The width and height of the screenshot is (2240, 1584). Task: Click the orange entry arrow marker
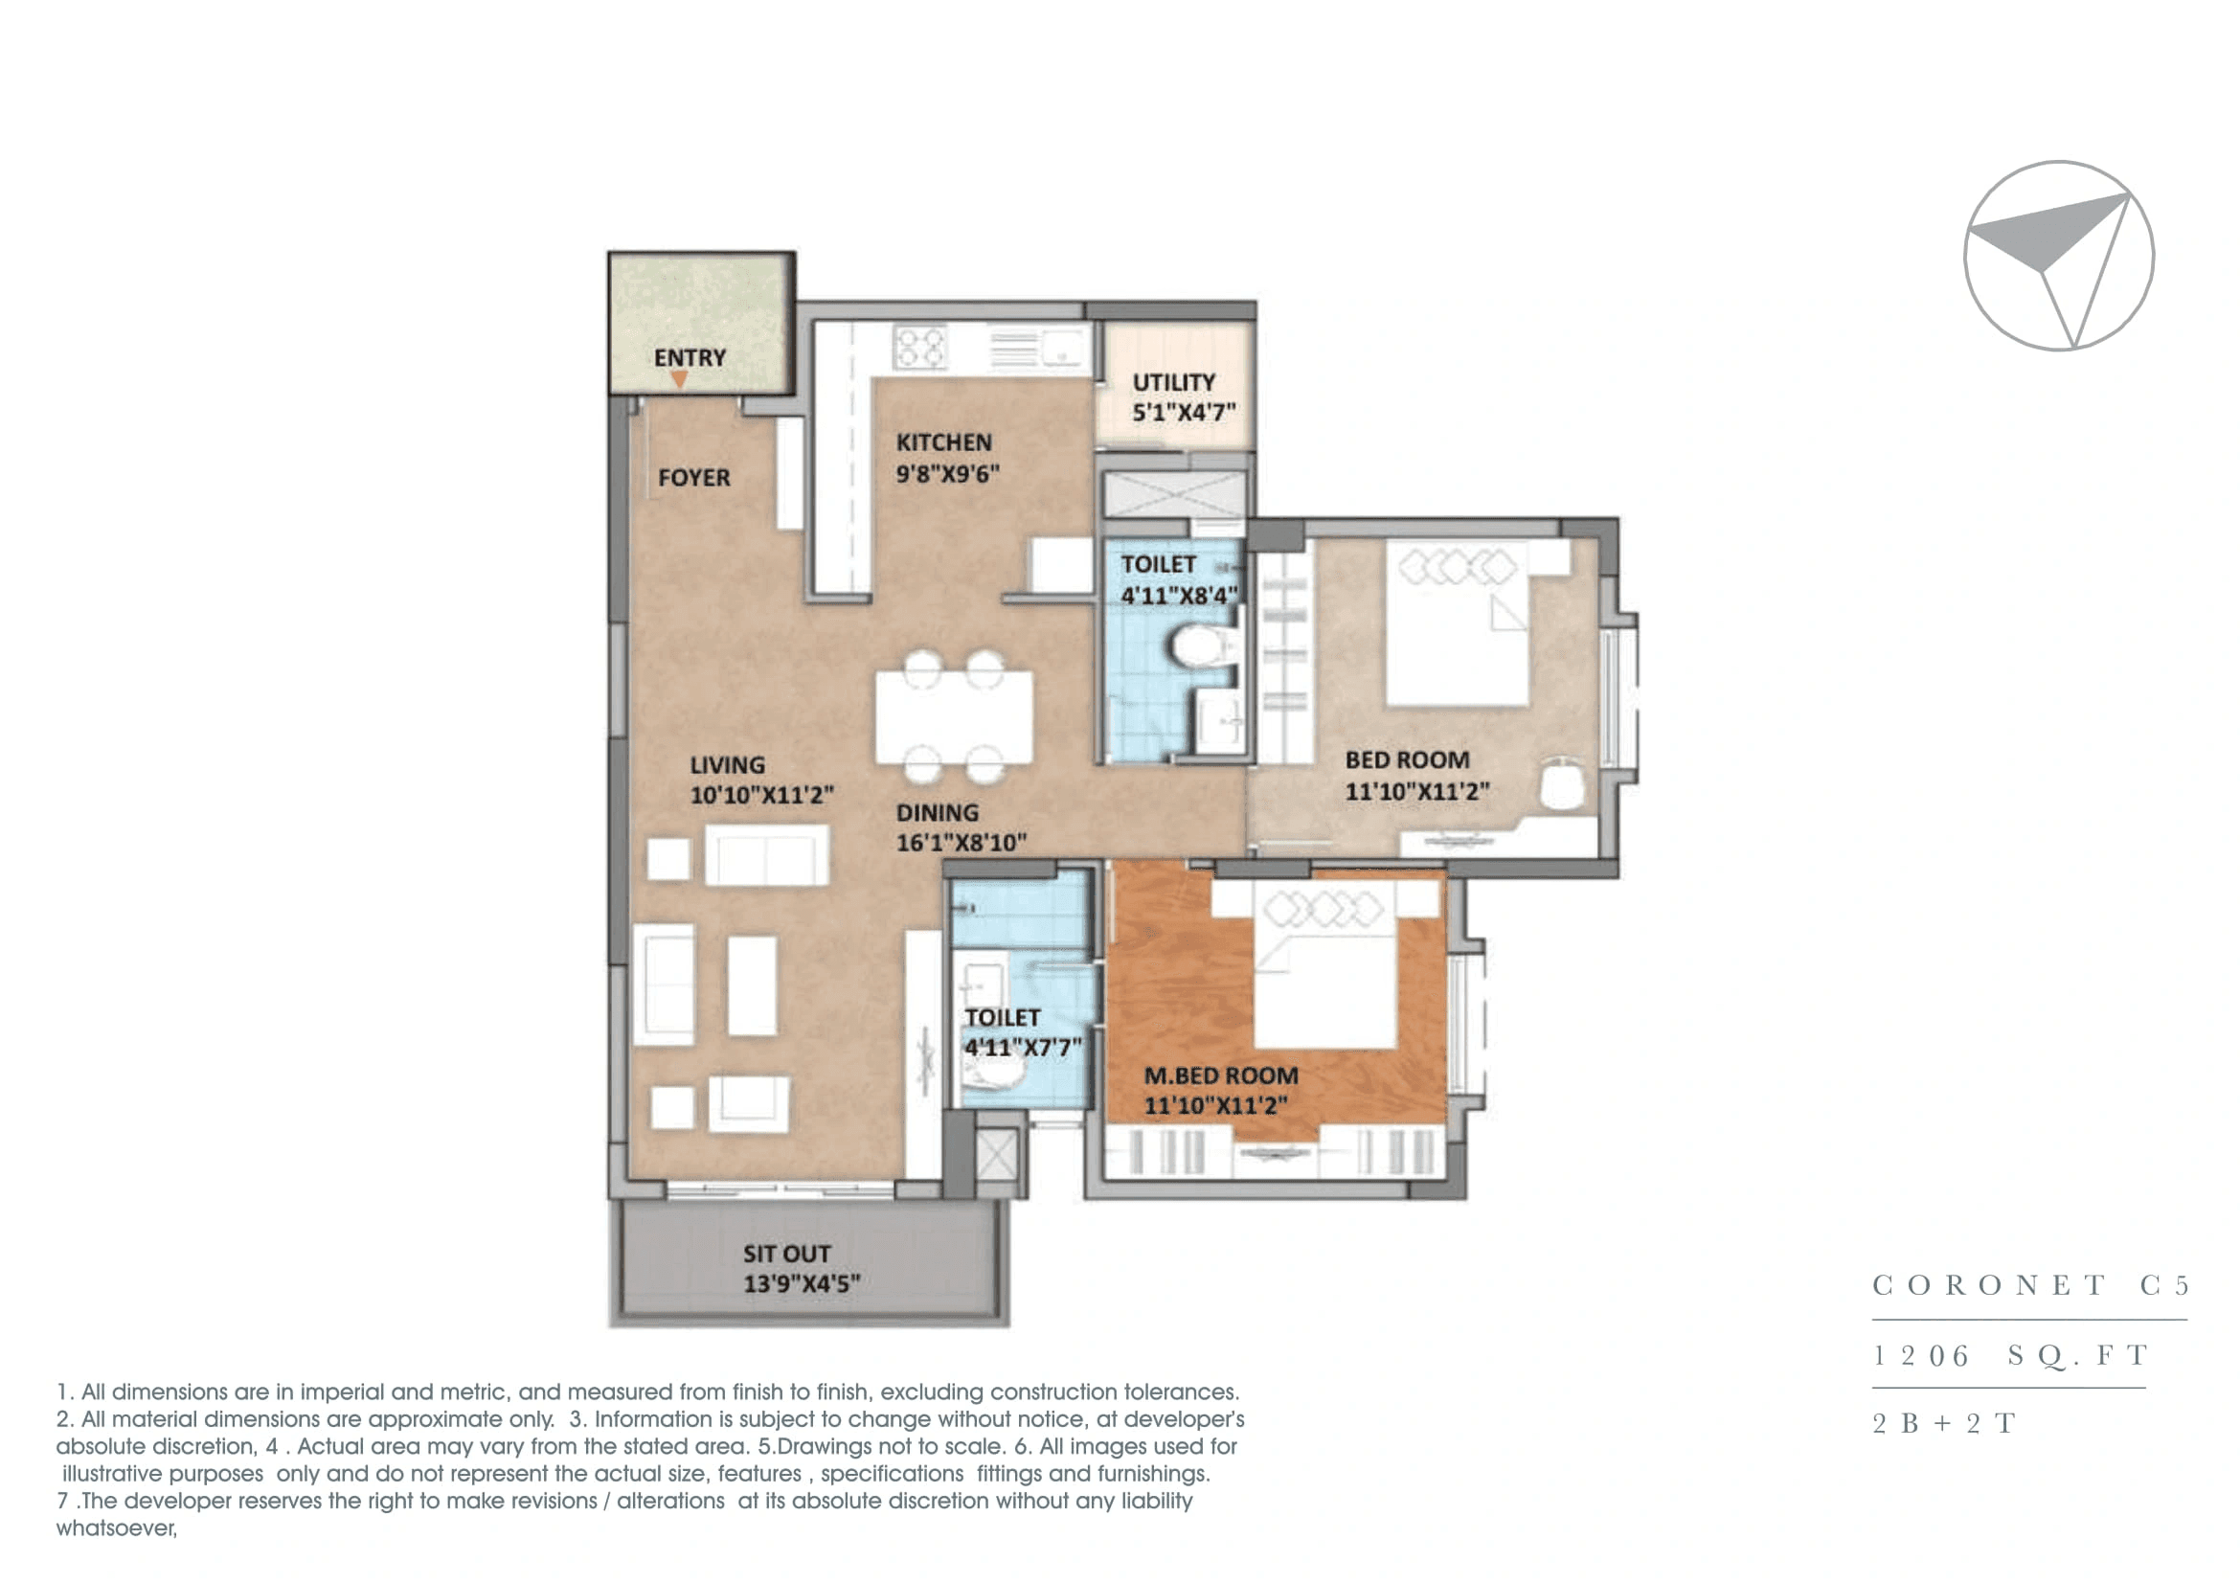pos(679,379)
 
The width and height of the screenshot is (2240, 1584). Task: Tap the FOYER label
pos(693,478)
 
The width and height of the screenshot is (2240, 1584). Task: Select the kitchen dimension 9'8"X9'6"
pos(947,474)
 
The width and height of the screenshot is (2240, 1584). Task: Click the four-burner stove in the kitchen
pos(920,348)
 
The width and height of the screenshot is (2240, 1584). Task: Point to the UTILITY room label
pos(1174,382)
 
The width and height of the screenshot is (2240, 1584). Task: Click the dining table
pos(953,717)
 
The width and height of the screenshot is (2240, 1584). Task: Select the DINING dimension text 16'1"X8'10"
pos(961,843)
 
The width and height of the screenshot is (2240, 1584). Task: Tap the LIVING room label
pos(728,764)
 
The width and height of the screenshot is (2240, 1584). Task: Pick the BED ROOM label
pos(1407,759)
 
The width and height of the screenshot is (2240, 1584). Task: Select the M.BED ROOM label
pos(1220,1075)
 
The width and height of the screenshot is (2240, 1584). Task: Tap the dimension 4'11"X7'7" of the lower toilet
pos(1023,1049)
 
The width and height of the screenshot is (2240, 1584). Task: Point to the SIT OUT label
pos(786,1254)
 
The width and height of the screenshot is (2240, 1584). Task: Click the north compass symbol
pos(2059,256)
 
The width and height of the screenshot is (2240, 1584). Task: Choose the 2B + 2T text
pos(1943,1424)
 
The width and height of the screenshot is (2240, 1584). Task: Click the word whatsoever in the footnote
pos(116,1528)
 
